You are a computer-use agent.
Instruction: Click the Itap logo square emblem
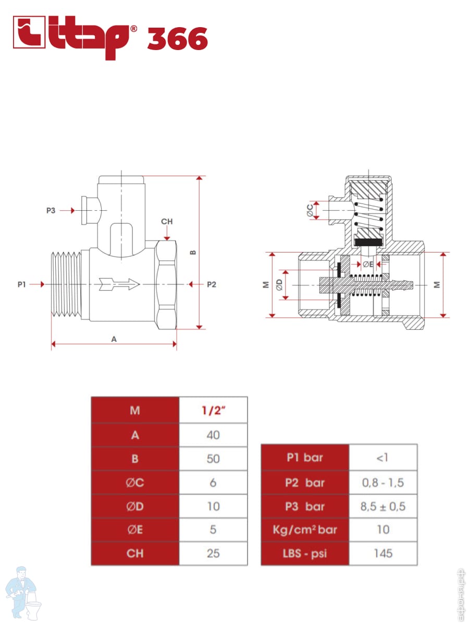click(x=29, y=32)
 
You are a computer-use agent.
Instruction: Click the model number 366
click(x=178, y=39)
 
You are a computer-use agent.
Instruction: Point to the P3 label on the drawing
click(x=51, y=210)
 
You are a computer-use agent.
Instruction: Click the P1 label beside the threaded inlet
click(x=22, y=284)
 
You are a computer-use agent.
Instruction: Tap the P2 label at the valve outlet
click(x=212, y=284)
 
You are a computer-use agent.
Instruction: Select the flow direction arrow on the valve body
click(x=119, y=284)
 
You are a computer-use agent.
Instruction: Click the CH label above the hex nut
click(x=167, y=221)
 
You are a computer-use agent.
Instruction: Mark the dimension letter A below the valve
click(x=114, y=339)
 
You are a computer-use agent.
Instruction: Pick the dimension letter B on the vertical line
click(x=193, y=252)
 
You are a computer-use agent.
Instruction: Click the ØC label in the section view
click(x=310, y=210)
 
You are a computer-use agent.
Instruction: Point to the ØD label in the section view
click(x=279, y=284)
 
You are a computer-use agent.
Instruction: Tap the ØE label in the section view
click(x=368, y=264)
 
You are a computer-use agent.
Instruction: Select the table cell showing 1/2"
click(x=213, y=411)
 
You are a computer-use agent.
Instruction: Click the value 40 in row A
click(x=213, y=435)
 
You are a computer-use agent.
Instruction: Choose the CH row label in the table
click(x=135, y=553)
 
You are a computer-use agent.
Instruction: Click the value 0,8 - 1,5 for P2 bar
click(x=383, y=483)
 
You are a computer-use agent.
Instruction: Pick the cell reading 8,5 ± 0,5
click(x=383, y=507)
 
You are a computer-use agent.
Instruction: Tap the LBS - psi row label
click(x=305, y=554)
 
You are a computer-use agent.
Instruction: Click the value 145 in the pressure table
click(x=383, y=553)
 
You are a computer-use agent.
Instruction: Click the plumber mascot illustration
click(x=23, y=594)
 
